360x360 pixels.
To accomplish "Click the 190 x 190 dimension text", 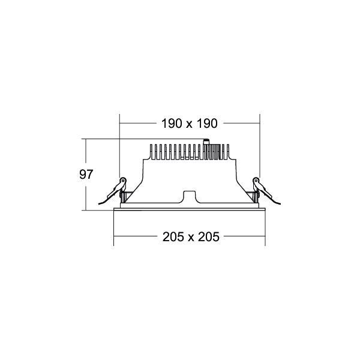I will tap(189, 124).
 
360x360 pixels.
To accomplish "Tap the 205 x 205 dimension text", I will tap(190, 236).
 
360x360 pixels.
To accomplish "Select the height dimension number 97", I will tap(87, 175).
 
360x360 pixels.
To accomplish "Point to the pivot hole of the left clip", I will tap(124, 181).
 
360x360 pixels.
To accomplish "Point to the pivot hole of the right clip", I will tap(256, 181).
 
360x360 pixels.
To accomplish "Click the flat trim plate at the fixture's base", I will tap(190, 209).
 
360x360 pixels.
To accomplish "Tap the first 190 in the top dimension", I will tap(171, 124).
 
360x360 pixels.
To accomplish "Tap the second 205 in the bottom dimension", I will tap(208, 236).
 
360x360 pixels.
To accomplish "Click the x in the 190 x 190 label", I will tap(189, 124).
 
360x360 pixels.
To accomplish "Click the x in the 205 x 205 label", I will tap(190, 237).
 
